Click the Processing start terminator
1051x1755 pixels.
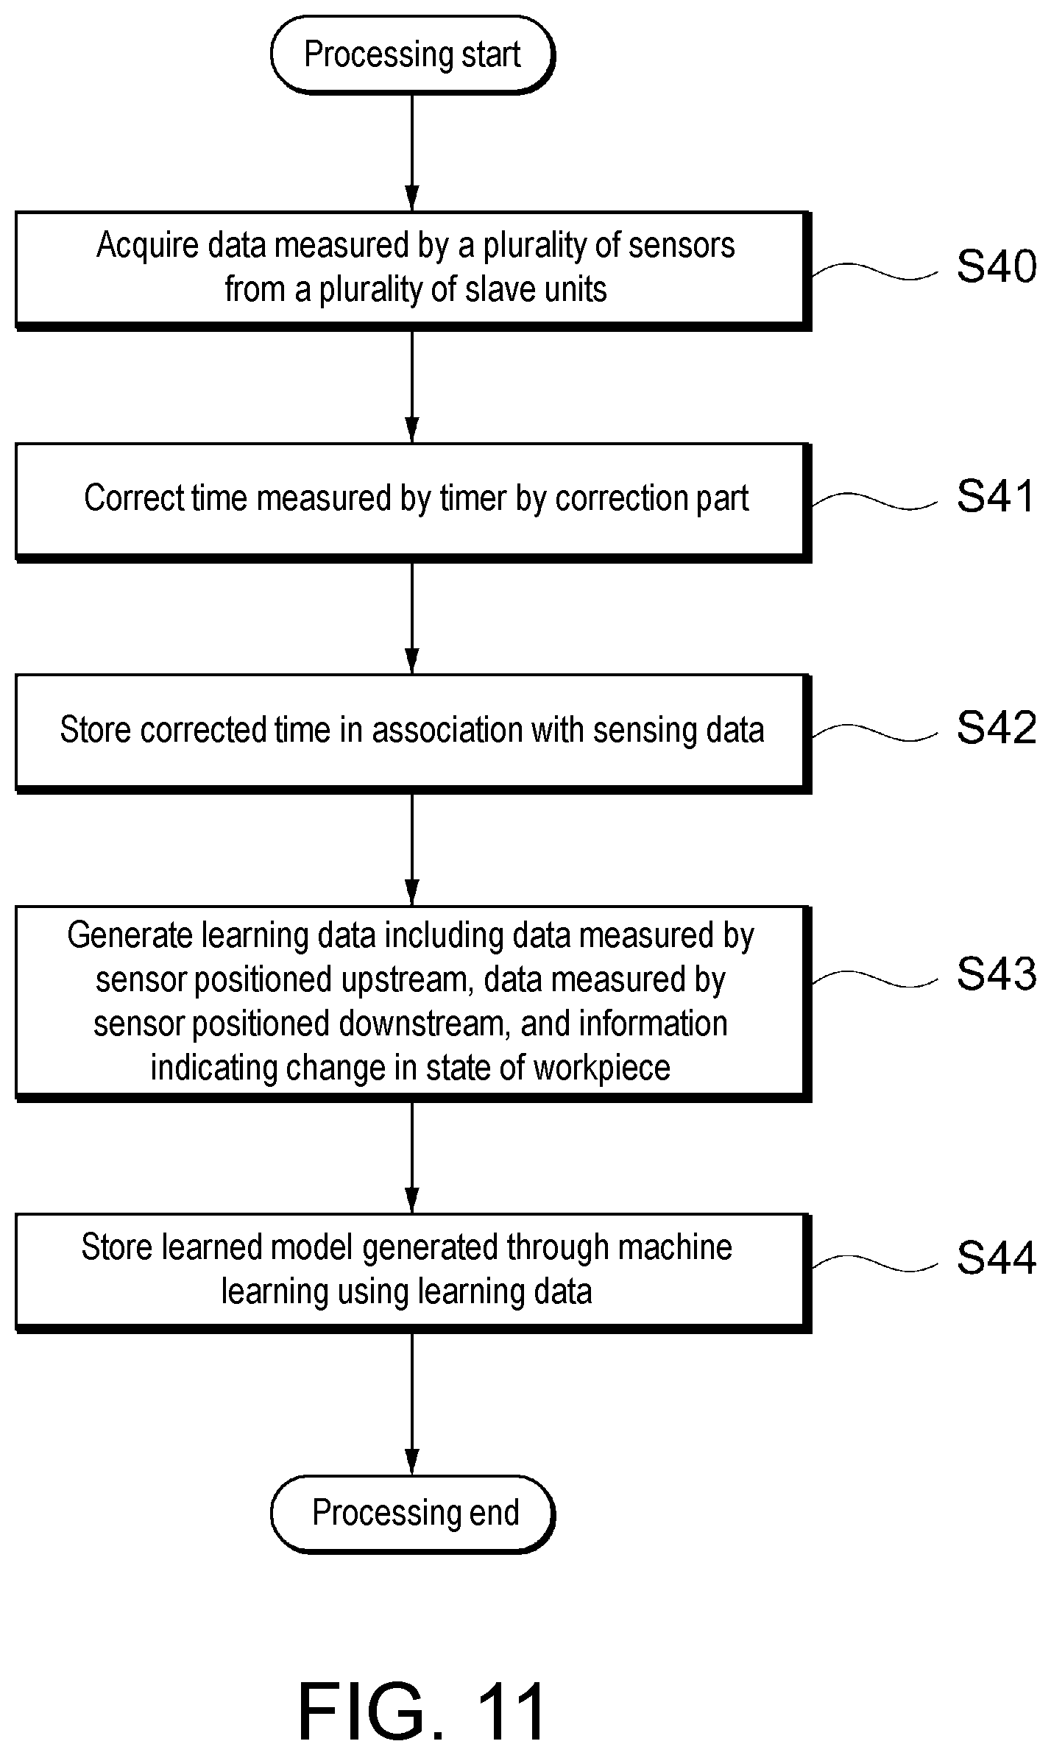tap(412, 55)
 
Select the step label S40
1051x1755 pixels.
tap(997, 266)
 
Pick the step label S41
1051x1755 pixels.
tap(997, 496)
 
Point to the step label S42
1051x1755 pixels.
tap(997, 728)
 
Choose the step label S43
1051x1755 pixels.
tap(997, 973)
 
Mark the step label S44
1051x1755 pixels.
tap(997, 1258)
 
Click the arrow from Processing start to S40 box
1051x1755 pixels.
tap(412, 153)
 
